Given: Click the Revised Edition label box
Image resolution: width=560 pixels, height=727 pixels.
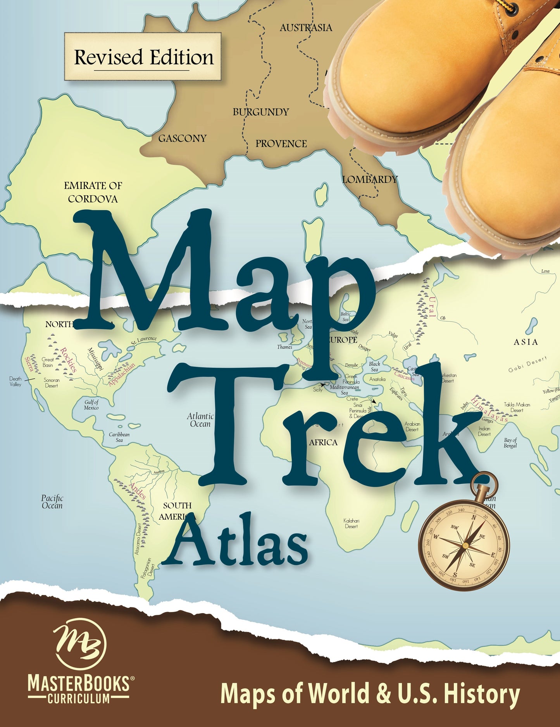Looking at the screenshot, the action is click(x=143, y=57).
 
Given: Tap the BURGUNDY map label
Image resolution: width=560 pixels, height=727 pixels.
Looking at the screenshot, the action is click(x=261, y=112).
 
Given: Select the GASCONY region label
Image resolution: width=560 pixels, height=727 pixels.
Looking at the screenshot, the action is click(x=182, y=138).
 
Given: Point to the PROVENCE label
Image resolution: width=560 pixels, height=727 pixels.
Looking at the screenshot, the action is click(x=281, y=144).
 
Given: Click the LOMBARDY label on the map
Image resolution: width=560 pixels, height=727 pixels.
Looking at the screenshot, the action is click(x=370, y=179).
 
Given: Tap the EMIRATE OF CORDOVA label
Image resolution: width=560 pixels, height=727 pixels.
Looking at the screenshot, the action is click(x=93, y=192).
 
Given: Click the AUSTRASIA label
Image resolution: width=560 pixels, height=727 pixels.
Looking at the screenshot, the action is click(x=306, y=27).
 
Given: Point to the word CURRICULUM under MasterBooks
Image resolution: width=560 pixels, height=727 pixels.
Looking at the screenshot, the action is click(x=79, y=698).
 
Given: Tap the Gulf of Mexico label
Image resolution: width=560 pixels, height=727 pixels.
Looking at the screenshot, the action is click(x=91, y=405).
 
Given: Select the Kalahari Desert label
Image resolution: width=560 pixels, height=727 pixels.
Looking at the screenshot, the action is click(x=352, y=523).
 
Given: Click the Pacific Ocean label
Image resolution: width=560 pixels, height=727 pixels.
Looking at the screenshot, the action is click(x=52, y=502).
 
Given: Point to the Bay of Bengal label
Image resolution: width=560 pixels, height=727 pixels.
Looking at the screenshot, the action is click(x=510, y=443).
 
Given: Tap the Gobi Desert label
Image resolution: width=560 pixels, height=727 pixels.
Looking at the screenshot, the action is click(x=527, y=365).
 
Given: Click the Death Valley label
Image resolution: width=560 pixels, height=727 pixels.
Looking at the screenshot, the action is click(x=16, y=381).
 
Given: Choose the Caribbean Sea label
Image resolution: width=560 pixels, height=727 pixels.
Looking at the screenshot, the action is click(x=119, y=437).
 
